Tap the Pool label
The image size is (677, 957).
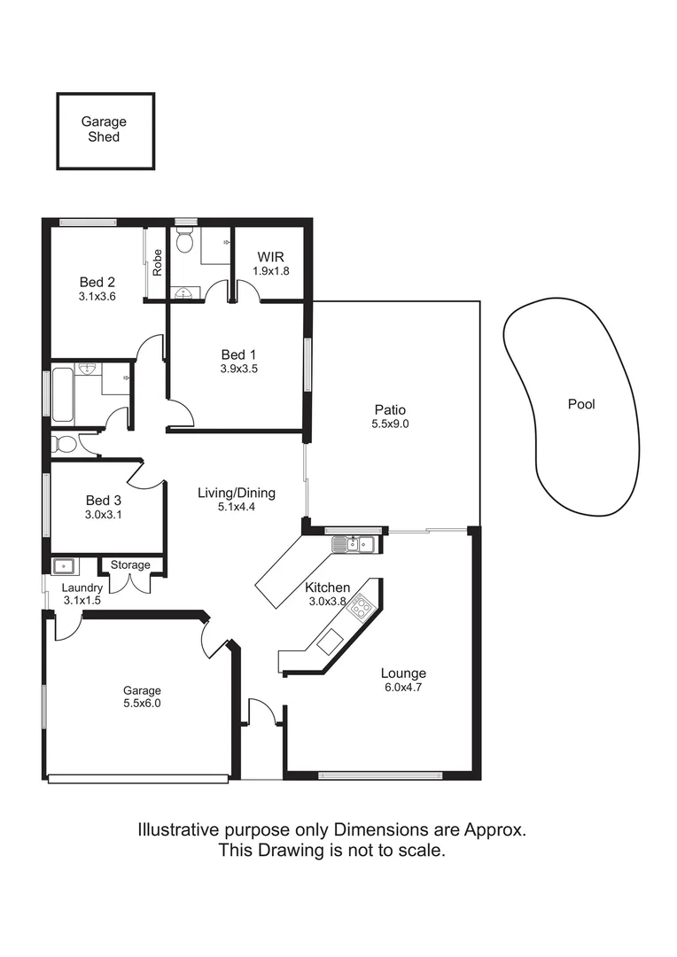coord(581,404)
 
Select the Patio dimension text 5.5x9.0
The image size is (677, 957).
coord(389,424)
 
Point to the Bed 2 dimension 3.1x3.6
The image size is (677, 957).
coord(97,298)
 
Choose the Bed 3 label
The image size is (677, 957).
coord(103,500)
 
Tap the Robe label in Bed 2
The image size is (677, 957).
coord(157,261)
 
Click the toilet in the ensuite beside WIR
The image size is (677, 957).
coord(184,239)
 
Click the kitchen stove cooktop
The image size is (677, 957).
coord(361,608)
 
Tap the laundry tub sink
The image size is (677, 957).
coord(65,565)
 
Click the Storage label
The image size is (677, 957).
coord(130,564)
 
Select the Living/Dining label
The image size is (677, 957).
coord(236,494)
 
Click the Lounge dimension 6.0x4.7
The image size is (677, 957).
coord(403,687)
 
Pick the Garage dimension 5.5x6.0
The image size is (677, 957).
coord(142,704)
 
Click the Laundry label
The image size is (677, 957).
coord(82,587)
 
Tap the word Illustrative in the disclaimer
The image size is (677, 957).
coord(175,830)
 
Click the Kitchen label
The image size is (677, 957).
coord(327,587)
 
